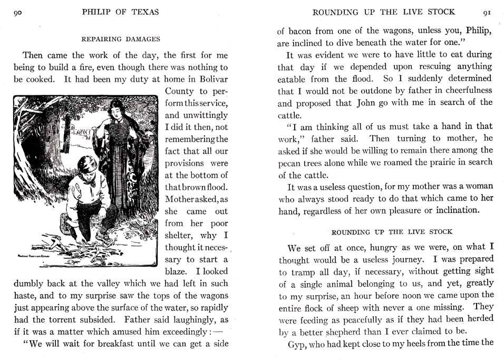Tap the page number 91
point(487,12)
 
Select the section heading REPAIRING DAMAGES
point(121,38)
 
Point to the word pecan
point(289,163)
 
